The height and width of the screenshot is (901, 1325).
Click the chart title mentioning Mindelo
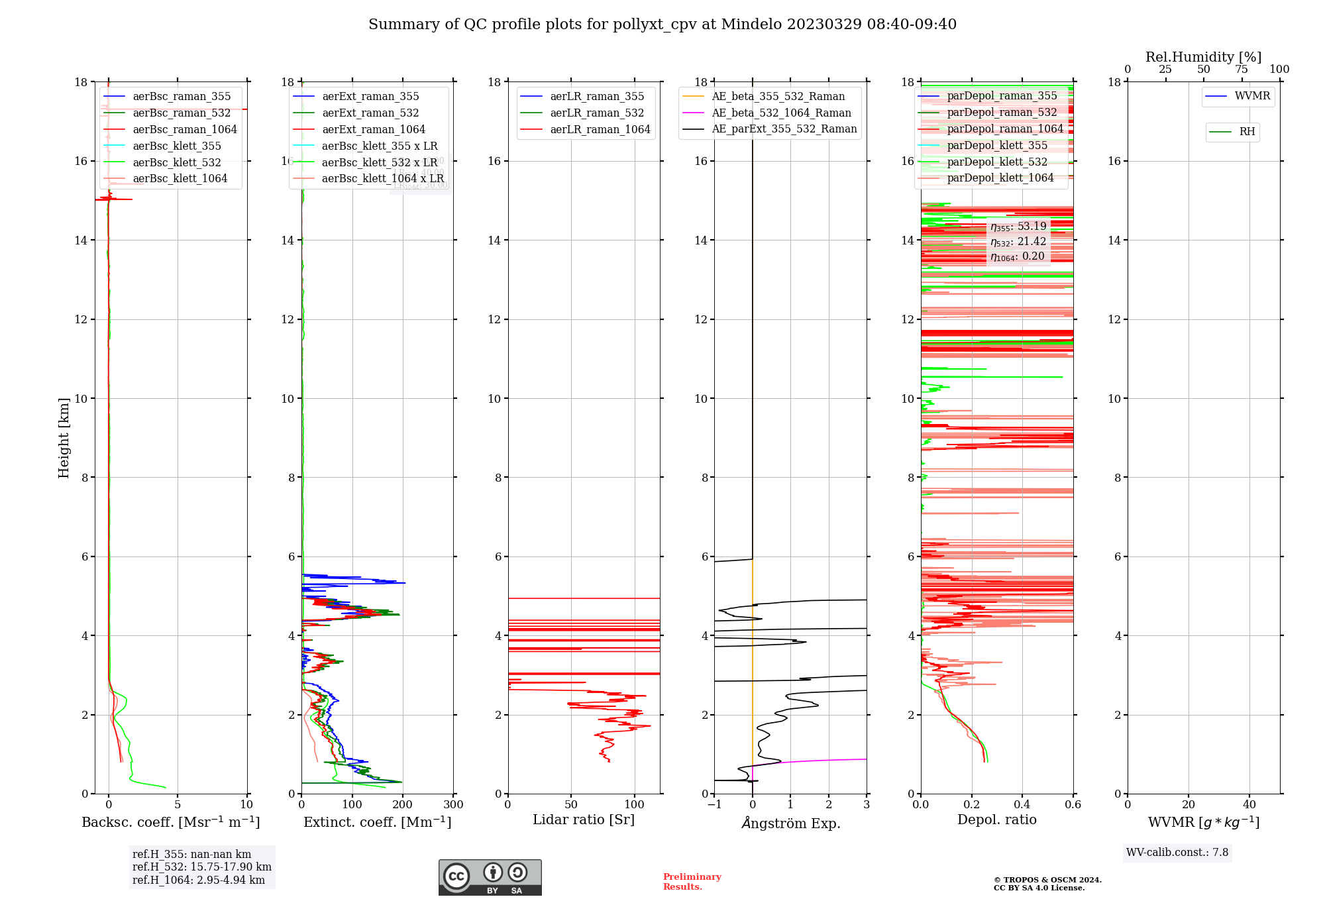(x=662, y=25)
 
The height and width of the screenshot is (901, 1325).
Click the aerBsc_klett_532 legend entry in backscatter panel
(x=176, y=162)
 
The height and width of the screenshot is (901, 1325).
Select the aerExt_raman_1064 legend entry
(x=373, y=130)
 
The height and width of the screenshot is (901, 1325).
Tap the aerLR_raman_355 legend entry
(x=596, y=97)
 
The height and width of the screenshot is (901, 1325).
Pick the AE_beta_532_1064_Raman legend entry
(x=781, y=113)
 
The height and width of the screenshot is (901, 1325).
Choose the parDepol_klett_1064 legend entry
(x=1000, y=178)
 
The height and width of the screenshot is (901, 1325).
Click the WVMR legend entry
(x=1251, y=96)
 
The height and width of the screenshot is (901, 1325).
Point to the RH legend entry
(x=1246, y=132)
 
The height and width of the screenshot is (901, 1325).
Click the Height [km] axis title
(x=64, y=438)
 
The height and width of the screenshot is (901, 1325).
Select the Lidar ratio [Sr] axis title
(x=584, y=820)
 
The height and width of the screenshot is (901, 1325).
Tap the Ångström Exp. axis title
(x=790, y=823)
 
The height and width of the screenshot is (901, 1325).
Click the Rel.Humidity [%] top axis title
(x=1203, y=57)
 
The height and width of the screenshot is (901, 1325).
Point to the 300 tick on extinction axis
(x=454, y=805)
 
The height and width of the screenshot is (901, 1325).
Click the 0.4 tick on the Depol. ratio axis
(x=1022, y=805)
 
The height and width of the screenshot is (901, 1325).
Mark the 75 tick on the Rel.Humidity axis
(x=1242, y=70)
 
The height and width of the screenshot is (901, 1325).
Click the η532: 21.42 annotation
(x=1018, y=242)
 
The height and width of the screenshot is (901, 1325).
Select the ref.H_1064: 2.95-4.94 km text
(x=199, y=880)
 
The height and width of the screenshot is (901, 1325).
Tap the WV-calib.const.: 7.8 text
(x=1177, y=853)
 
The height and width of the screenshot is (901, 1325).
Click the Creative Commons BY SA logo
(x=490, y=877)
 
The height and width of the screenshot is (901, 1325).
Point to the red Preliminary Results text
(x=692, y=882)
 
